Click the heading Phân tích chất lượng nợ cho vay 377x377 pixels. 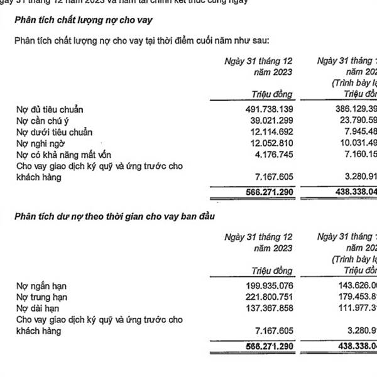83,21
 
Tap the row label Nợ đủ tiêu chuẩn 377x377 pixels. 50,109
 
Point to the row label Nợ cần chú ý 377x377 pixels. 43,121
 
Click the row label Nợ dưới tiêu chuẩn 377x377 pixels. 54,132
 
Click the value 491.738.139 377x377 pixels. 261,109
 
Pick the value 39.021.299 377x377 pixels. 264,121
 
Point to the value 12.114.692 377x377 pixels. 264,132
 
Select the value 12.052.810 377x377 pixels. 264,143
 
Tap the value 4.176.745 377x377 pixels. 266,155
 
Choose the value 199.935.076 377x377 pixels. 261,287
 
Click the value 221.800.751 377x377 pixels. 261,297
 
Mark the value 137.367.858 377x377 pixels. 261,309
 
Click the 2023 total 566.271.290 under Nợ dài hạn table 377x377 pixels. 261,346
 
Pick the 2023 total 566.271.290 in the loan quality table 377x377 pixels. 261,191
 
